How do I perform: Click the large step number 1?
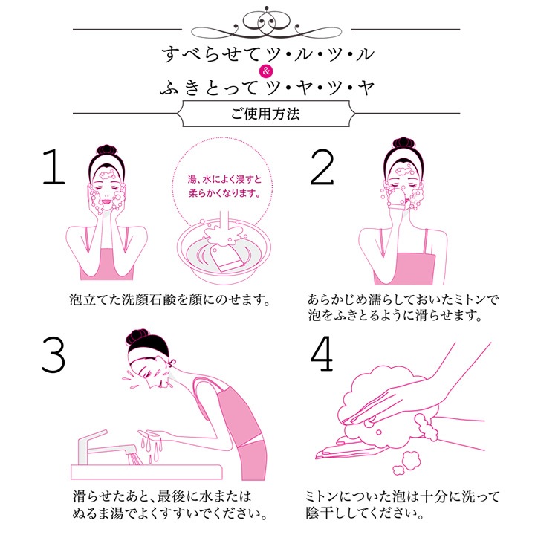tap(53, 170)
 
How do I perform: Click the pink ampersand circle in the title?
tap(267, 72)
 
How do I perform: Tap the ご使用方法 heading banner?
tap(267, 115)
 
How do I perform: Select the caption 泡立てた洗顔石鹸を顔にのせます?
tap(166, 301)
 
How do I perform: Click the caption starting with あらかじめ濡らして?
tap(403, 308)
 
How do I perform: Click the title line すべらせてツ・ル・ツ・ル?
tap(267, 54)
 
